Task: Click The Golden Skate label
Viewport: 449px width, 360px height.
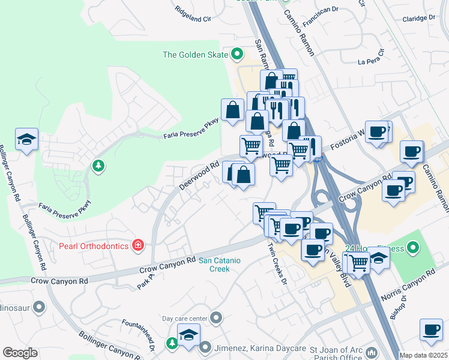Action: tap(195, 55)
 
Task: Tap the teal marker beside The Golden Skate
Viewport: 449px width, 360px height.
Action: tap(237, 55)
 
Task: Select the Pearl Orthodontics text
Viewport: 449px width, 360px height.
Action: tap(94, 245)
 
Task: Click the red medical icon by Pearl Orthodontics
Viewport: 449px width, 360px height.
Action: tap(138, 245)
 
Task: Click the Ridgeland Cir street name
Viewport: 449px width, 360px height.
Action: tap(193, 14)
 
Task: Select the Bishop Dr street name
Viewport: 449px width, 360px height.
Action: tap(400, 307)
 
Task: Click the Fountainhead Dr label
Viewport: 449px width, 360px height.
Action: tap(138, 336)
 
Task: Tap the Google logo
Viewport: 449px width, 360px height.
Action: tap(20, 353)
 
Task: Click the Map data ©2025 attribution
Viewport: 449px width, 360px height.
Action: tap(423, 355)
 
